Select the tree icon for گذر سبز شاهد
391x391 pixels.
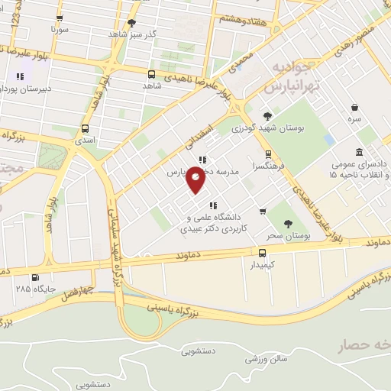(x=132, y=23)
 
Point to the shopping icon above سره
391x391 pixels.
(x=354, y=108)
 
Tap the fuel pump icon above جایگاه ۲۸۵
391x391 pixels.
(x=34, y=277)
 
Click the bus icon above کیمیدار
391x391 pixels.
(x=263, y=253)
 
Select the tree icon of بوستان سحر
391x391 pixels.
(x=288, y=224)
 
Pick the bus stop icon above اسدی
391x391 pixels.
(x=84, y=128)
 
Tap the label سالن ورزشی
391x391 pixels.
(x=270, y=357)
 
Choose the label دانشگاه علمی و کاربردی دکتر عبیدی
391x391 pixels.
(x=209, y=222)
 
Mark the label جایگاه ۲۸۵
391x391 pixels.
(x=33, y=290)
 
